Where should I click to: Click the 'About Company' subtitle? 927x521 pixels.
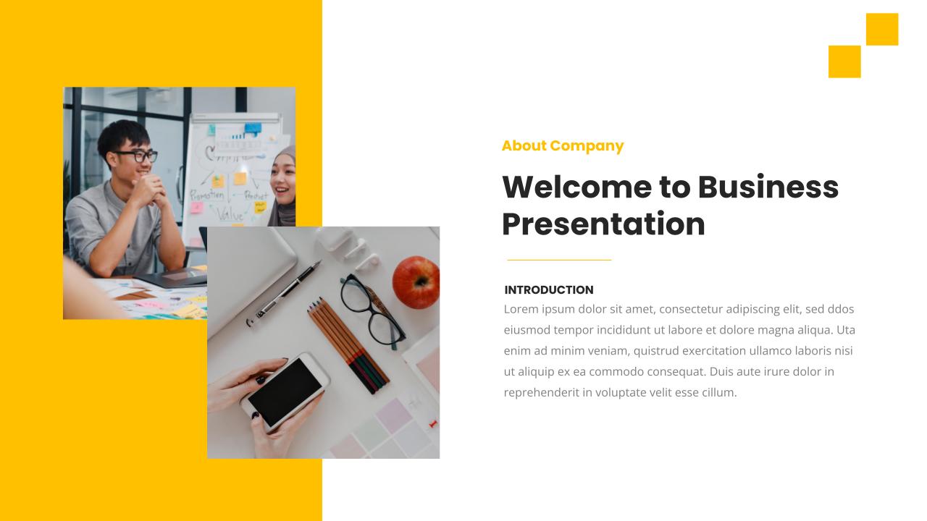point(562,145)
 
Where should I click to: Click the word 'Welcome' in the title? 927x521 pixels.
point(576,187)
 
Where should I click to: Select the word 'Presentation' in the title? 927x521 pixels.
point(603,224)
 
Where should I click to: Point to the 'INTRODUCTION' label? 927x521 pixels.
point(548,290)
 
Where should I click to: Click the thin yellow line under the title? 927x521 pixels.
point(558,260)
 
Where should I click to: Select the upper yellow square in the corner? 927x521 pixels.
point(881,29)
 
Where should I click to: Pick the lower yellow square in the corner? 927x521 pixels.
point(844,62)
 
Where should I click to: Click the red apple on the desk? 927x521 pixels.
point(416,282)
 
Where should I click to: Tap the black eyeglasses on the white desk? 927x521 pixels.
point(373,309)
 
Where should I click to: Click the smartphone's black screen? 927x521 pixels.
point(284,391)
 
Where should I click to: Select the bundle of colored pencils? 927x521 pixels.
point(348,344)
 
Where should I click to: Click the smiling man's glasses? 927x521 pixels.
point(135,156)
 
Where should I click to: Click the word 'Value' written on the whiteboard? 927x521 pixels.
point(230,214)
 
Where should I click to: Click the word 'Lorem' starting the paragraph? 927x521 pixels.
point(521,309)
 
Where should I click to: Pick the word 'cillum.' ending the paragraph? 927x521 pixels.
point(719,393)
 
